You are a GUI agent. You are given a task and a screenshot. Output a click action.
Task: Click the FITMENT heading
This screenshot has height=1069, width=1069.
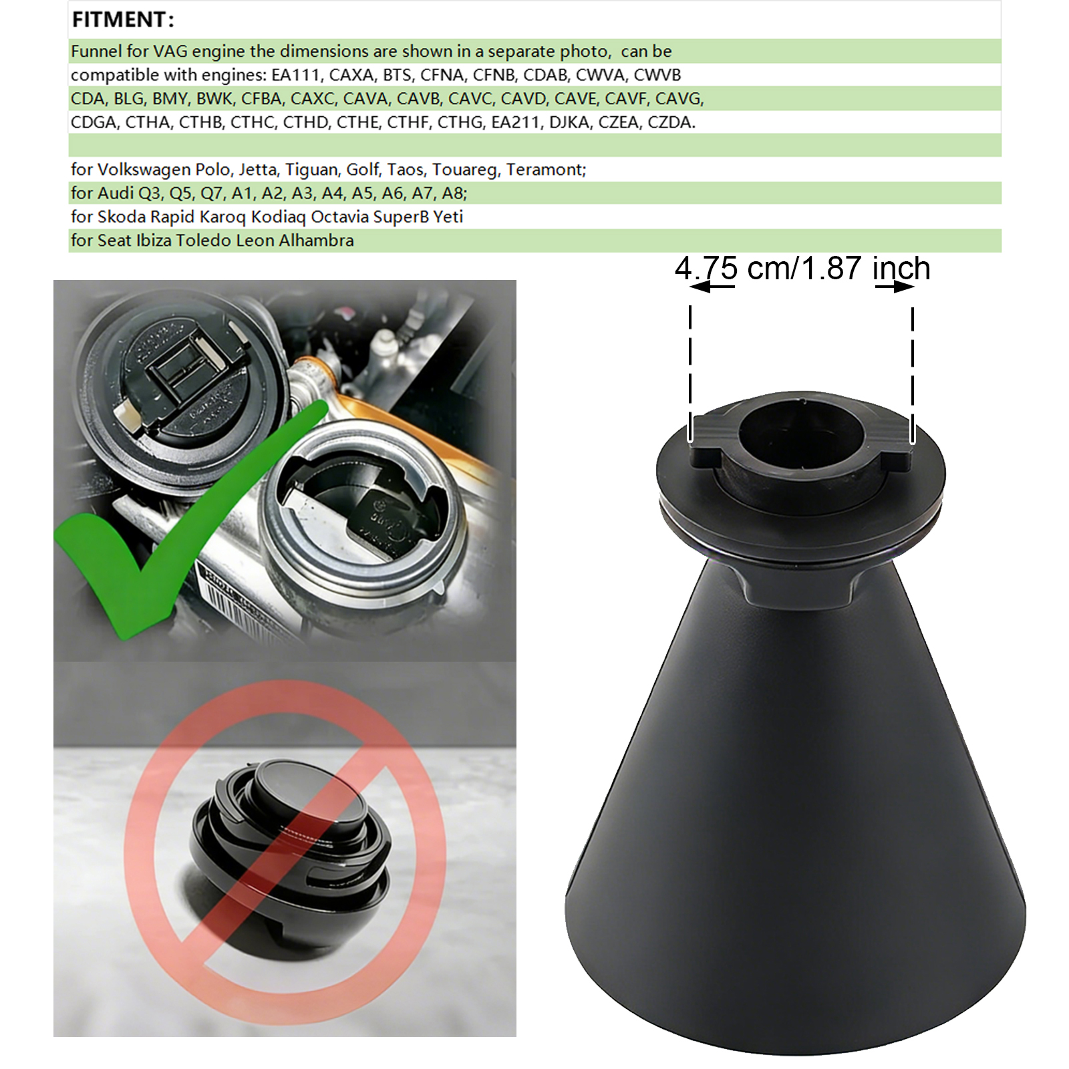pos(123,20)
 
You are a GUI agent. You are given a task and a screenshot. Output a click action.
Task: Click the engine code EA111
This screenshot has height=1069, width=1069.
pos(295,75)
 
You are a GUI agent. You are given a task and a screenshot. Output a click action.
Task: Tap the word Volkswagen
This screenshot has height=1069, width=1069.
pos(144,170)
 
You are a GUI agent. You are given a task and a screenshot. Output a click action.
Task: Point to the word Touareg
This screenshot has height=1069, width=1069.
pos(466,170)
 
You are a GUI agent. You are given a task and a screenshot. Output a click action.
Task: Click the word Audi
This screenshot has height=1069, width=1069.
pos(116,193)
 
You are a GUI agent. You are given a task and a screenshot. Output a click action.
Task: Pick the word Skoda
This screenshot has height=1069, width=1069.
pos(122,217)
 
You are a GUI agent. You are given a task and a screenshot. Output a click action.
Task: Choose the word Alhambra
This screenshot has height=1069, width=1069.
pos(316,241)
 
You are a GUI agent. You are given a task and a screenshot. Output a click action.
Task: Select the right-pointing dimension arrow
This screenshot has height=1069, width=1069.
pos(895,287)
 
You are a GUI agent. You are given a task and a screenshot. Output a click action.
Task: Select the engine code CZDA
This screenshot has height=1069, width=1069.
pos(671,122)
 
